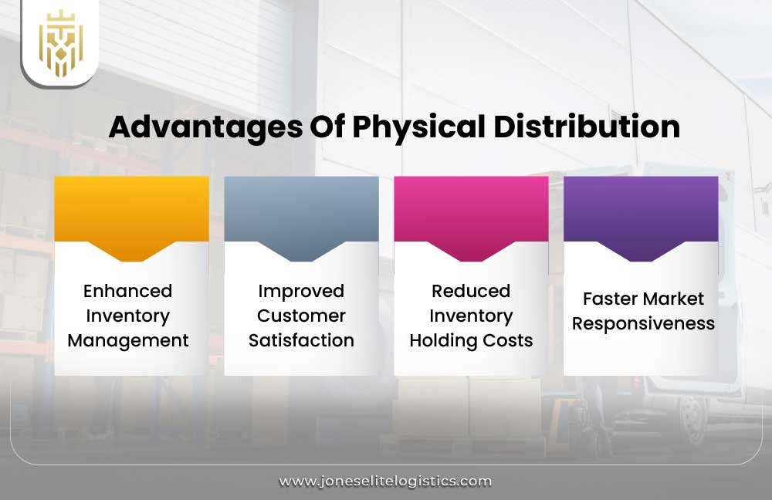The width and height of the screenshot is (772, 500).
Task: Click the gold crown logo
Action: pos(60,43)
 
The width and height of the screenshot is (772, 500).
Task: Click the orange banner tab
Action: pos(131,212)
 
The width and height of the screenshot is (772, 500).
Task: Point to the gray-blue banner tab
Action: pos(301,212)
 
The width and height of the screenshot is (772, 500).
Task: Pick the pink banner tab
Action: pos(471,212)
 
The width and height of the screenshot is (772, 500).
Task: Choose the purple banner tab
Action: pos(641,212)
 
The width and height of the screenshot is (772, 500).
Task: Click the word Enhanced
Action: pos(127,291)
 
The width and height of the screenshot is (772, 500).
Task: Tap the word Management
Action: pos(128,340)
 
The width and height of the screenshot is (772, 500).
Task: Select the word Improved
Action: pos(301,291)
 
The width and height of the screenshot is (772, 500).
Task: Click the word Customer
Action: pos(301,316)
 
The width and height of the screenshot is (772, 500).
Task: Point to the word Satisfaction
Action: pos(301,340)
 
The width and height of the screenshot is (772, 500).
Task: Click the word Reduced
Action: pos(471,291)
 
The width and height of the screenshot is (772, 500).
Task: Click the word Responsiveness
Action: pos(643,323)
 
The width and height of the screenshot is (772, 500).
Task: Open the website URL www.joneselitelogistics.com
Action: pos(385,481)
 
